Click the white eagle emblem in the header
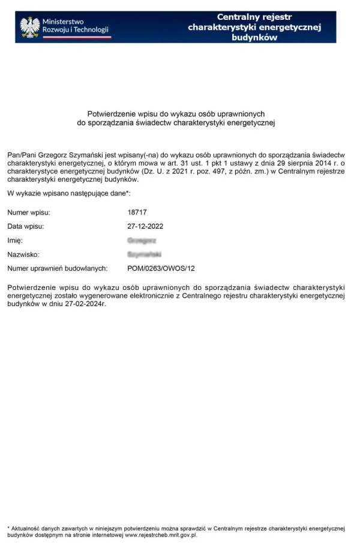[x=29, y=26]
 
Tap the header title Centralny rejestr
[x=254, y=17]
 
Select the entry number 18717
[x=137, y=212]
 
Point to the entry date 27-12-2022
[x=145, y=226]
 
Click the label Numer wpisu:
[x=29, y=212]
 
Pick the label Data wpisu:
[x=26, y=226]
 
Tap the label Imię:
[x=15, y=240]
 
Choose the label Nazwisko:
[x=23, y=254]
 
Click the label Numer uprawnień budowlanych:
[x=57, y=268]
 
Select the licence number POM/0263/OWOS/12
[x=161, y=268]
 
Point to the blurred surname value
[x=145, y=254]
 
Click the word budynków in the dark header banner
[x=254, y=37]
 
